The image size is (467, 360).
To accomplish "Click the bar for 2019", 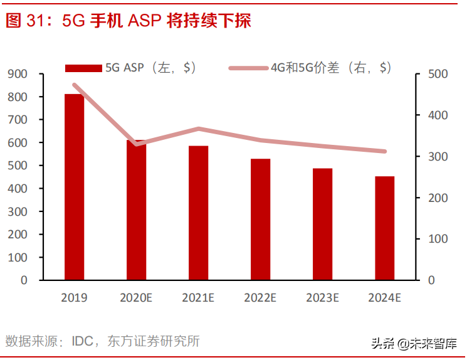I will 74,187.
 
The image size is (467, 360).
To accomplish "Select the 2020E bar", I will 136,210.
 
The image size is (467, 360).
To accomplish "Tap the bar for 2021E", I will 199,213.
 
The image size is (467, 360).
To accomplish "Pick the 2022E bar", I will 261,220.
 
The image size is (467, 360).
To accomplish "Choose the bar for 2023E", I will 323,224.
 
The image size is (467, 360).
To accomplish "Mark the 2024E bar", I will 385,228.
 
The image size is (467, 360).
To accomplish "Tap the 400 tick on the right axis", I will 439,115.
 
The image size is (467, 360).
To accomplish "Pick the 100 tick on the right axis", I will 439,239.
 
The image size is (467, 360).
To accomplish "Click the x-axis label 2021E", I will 199,298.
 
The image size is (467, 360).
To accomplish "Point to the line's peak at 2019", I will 74,85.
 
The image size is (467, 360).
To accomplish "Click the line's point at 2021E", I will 199,129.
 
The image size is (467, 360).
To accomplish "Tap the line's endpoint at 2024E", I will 385,151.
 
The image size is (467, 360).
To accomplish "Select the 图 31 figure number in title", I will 23,21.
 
